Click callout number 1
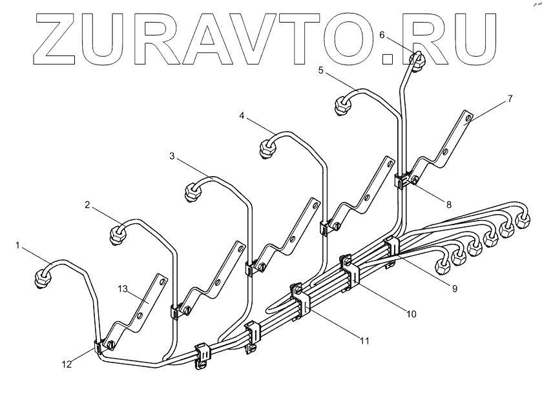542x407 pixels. (x=18, y=245)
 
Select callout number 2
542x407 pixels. (x=87, y=204)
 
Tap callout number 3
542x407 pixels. (x=172, y=155)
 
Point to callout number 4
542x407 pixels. (x=242, y=116)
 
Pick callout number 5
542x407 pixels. (x=321, y=70)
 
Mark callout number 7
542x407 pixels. (x=510, y=98)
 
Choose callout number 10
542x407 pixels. (x=411, y=314)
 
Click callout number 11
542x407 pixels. (x=364, y=340)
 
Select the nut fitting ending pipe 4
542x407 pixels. (x=266, y=149)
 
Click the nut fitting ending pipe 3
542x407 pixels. (x=193, y=192)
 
